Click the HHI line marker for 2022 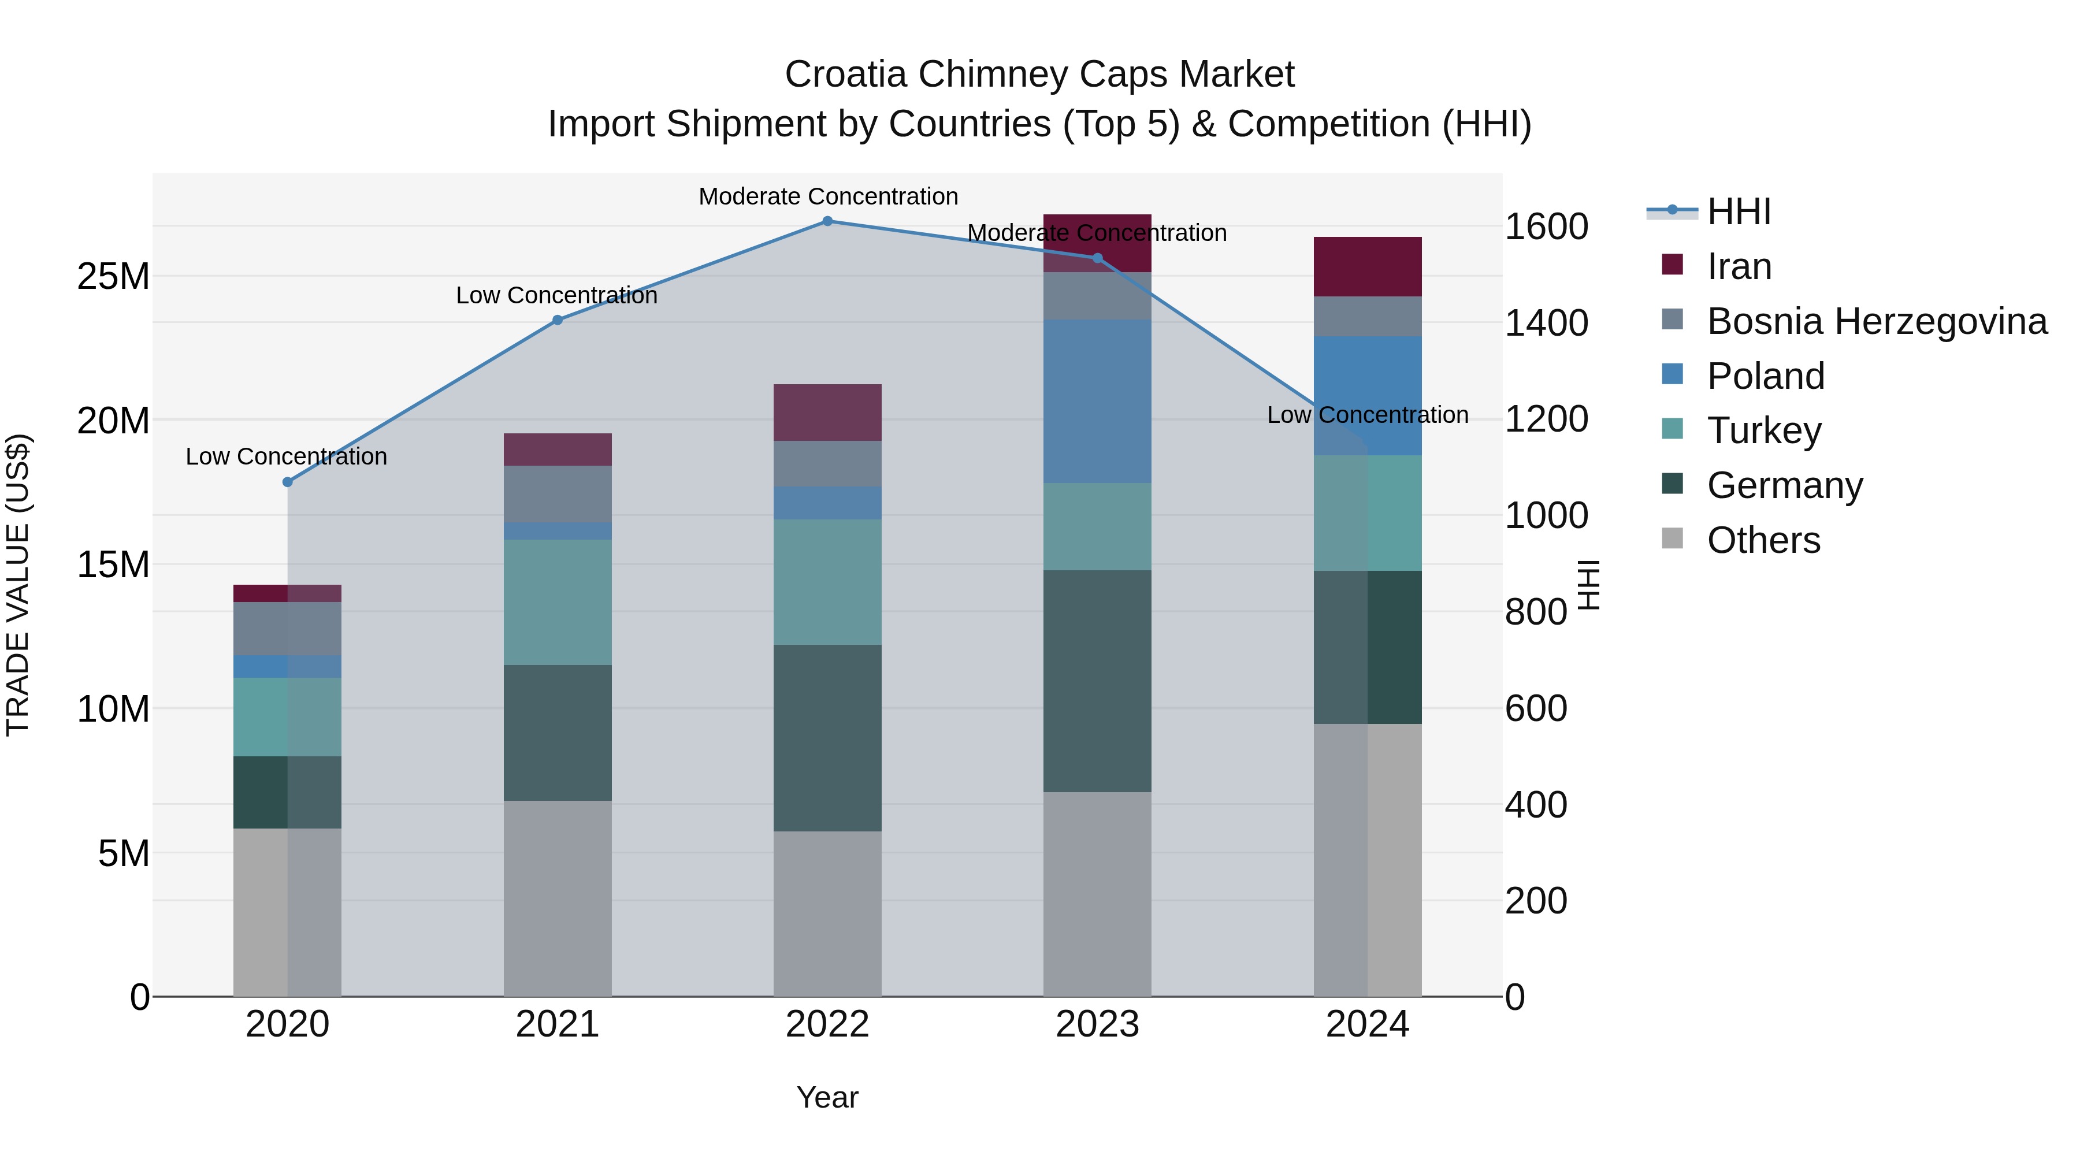pyautogui.click(x=827, y=221)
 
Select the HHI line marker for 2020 pyautogui.click(x=288, y=482)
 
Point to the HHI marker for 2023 pyautogui.click(x=1097, y=258)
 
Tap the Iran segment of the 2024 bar pyautogui.click(x=1367, y=266)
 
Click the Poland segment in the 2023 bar pyautogui.click(x=1097, y=402)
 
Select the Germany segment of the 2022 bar pyautogui.click(x=827, y=738)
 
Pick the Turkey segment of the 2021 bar pyautogui.click(x=557, y=603)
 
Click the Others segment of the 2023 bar pyautogui.click(x=1097, y=894)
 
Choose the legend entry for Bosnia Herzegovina pyautogui.click(x=1877, y=321)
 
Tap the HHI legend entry pyautogui.click(x=1739, y=211)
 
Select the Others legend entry pyautogui.click(x=1763, y=540)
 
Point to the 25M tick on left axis pyautogui.click(x=113, y=277)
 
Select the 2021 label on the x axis pyautogui.click(x=557, y=1024)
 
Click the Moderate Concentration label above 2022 pyautogui.click(x=827, y=196)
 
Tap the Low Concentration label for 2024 pyautogui.click(x=1367, y=415)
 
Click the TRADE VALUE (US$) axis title pyautogui.click(x=18, y=585)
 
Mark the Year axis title pyautogui.click(x=827, y=1097)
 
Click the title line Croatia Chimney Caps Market pyautogui.click(x=1039, y=75)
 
